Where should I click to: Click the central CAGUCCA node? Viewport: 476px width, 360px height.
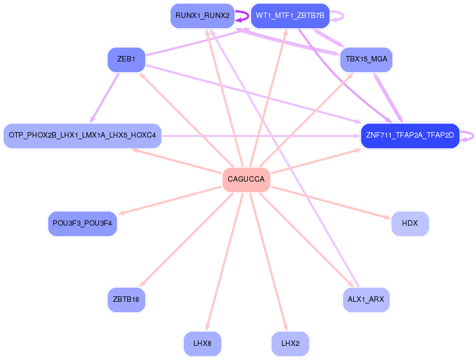[246, 179]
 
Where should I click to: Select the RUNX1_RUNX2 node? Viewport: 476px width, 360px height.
[202, 16]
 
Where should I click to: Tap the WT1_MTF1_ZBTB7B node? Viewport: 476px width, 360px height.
[290, 16]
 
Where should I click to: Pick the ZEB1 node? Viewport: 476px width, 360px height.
[126, 59]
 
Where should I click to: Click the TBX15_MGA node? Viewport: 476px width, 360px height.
[366, 59]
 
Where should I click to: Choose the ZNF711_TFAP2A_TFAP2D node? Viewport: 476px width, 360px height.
[410, 135]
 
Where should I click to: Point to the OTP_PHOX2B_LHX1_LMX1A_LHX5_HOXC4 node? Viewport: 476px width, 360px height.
[82, 135]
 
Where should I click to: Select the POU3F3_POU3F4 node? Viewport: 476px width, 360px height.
[82, 224]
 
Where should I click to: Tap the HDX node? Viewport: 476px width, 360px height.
[410, 224]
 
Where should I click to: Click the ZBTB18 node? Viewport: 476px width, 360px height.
[126, 299]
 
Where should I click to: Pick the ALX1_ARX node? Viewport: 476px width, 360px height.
[366, 299]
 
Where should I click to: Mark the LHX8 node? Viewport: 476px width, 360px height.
[202, 344]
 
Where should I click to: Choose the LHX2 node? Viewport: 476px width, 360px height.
[290, 344]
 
